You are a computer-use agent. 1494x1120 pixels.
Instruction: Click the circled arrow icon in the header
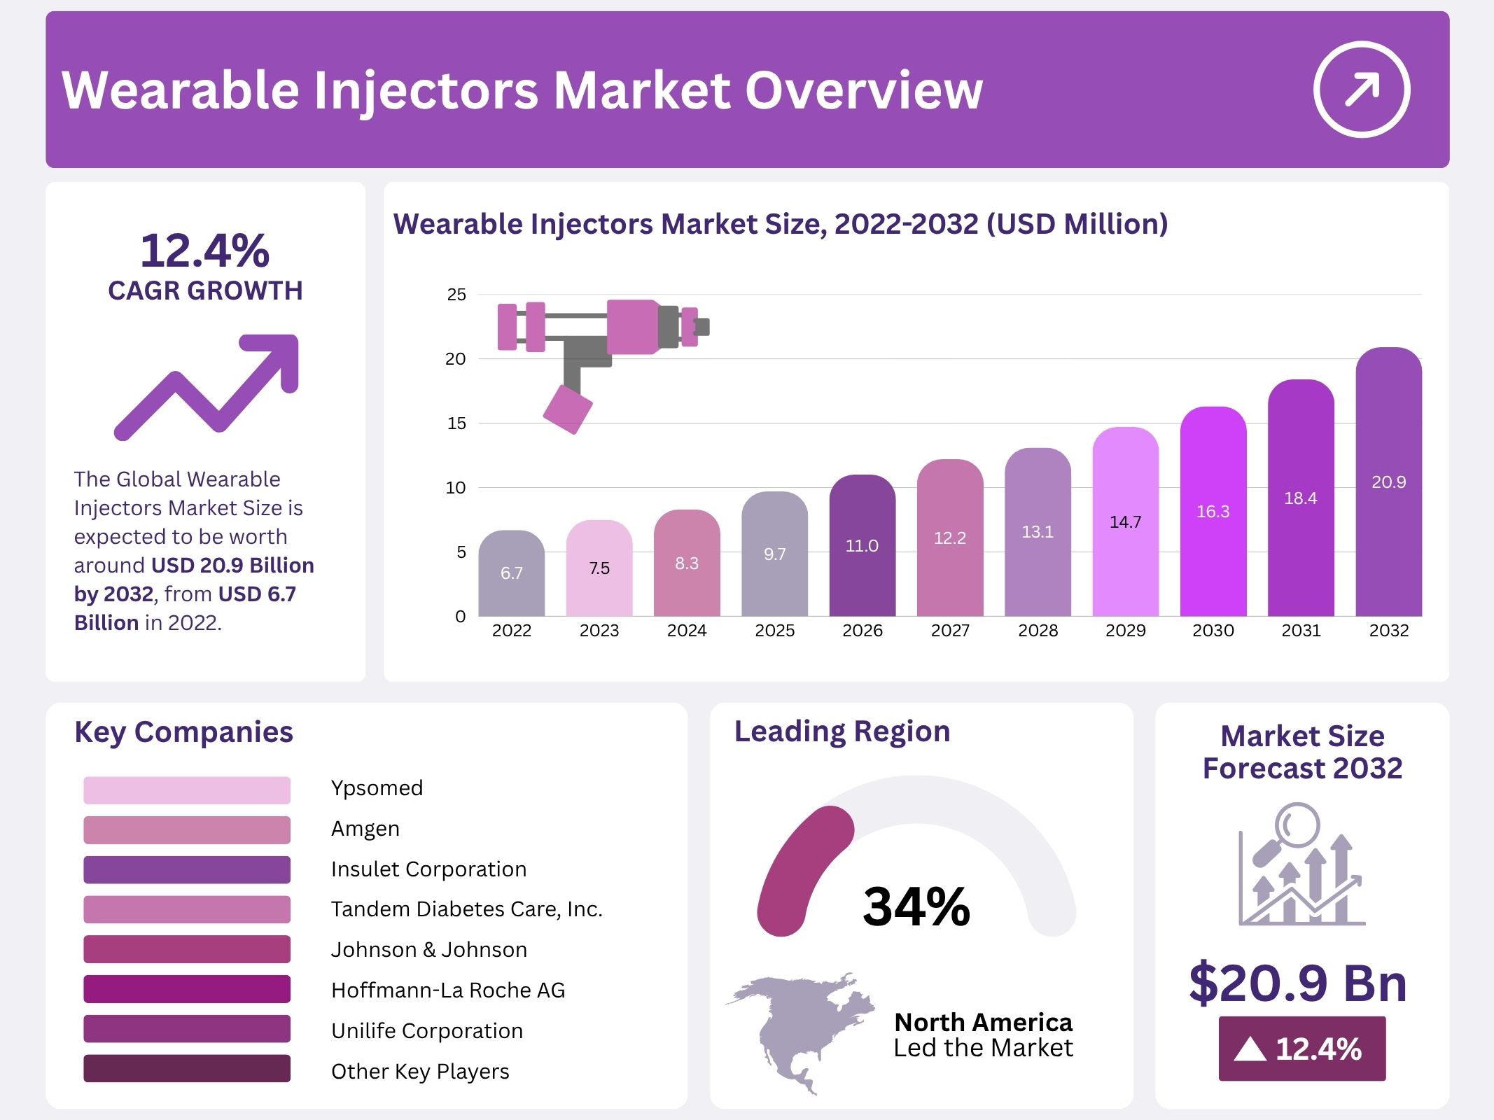(1361, 90)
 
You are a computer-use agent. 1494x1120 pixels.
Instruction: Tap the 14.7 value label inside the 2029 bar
(1125, 522)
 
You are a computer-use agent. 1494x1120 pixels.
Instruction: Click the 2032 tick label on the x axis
(1388, 631)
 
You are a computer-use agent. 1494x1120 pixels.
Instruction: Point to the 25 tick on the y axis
(456, 295)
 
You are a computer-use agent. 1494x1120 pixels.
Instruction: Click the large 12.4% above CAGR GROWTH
(204, 251)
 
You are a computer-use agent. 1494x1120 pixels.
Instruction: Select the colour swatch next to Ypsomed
(187, 790)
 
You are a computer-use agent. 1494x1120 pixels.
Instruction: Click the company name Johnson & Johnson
(429, 950)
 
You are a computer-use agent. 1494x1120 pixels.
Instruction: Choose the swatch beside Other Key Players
(187, 1069)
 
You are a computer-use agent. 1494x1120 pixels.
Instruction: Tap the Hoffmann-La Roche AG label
(448, 990)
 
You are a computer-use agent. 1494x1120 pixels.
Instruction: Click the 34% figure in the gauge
(916, 907)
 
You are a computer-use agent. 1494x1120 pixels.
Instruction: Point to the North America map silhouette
(798, 1029)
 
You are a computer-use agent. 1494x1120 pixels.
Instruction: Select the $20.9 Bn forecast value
(1298, 983)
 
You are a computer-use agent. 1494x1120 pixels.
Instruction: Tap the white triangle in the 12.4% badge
(1250, 1049)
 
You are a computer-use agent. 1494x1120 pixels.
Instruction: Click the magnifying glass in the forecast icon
(1297, 826)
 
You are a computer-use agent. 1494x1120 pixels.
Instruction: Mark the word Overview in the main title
(864, 91)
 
